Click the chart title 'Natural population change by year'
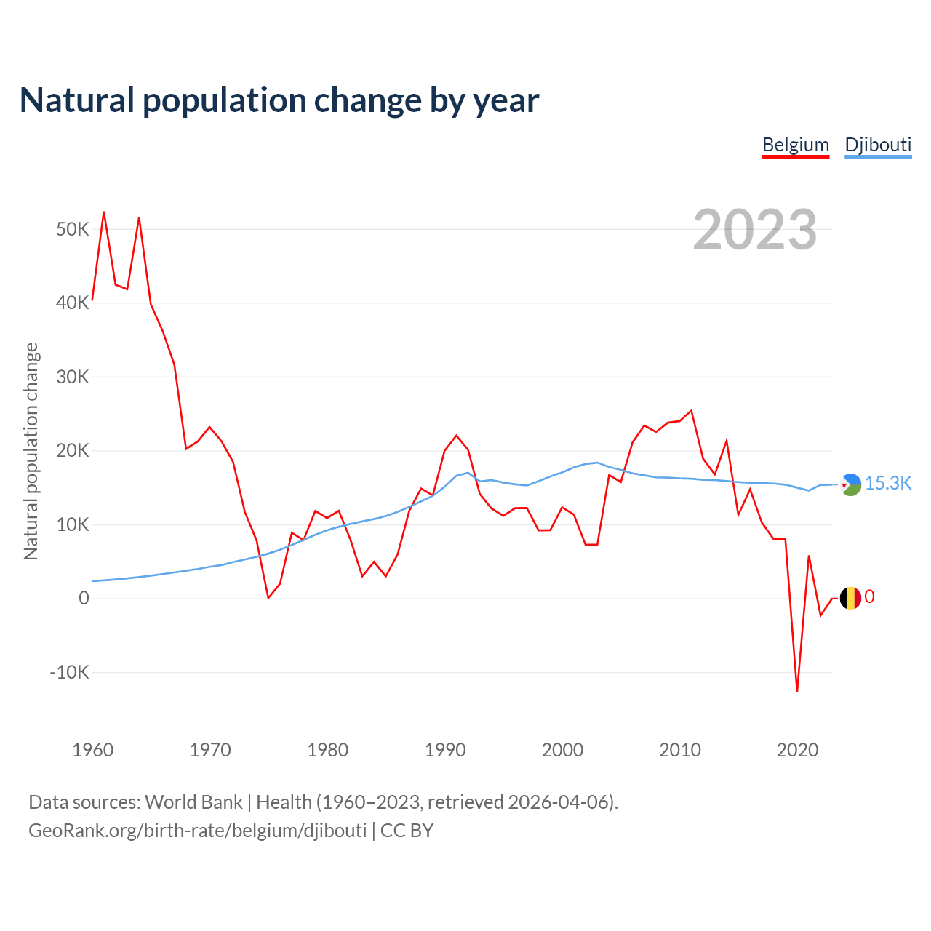coord(279,100)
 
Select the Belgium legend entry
coord(796,145)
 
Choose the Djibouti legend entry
coord(878,145)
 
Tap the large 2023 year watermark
coord(755,230)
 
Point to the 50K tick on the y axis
coord(73,230)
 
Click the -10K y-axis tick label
coord(70,672)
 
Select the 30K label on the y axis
coord(73,377)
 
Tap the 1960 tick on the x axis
coord(93,750)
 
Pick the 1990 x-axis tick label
coord(445,750)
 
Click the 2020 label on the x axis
coord(798,750)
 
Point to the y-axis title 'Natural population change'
coord(31,452)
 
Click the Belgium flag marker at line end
coord(850,598)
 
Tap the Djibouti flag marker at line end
coord(850,484)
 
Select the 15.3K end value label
coord(888,484)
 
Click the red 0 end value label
coord(869,597)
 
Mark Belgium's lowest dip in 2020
coord(797,691)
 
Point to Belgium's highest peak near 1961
coord(104,212)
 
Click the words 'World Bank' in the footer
coord(193,802)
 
